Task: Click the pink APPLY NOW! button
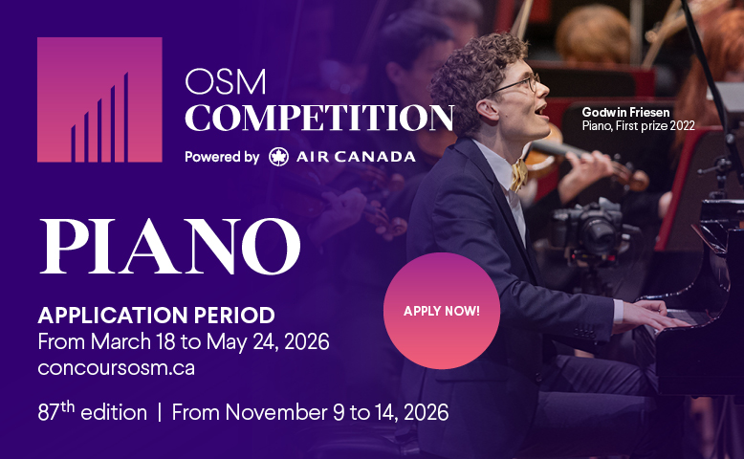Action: click(442, 311)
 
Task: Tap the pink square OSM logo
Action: click(99, 99)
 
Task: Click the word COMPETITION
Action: click(319, 118)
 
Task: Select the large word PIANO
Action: click(170, 246)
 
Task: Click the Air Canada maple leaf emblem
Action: click(278, 157)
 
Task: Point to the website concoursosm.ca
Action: click(117, 368)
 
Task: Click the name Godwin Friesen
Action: click(625, 113)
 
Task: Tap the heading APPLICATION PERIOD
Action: click(157, 316)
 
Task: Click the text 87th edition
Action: click(93, 411)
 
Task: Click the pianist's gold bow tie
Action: click(519, 175)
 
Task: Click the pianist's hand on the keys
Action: click(654, 315)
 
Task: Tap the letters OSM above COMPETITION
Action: click(226, 81)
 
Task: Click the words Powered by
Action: click(222, 157)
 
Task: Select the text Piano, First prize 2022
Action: click(638, 126)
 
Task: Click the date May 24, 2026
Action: click(268, 341)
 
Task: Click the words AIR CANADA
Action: click(356, 157)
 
